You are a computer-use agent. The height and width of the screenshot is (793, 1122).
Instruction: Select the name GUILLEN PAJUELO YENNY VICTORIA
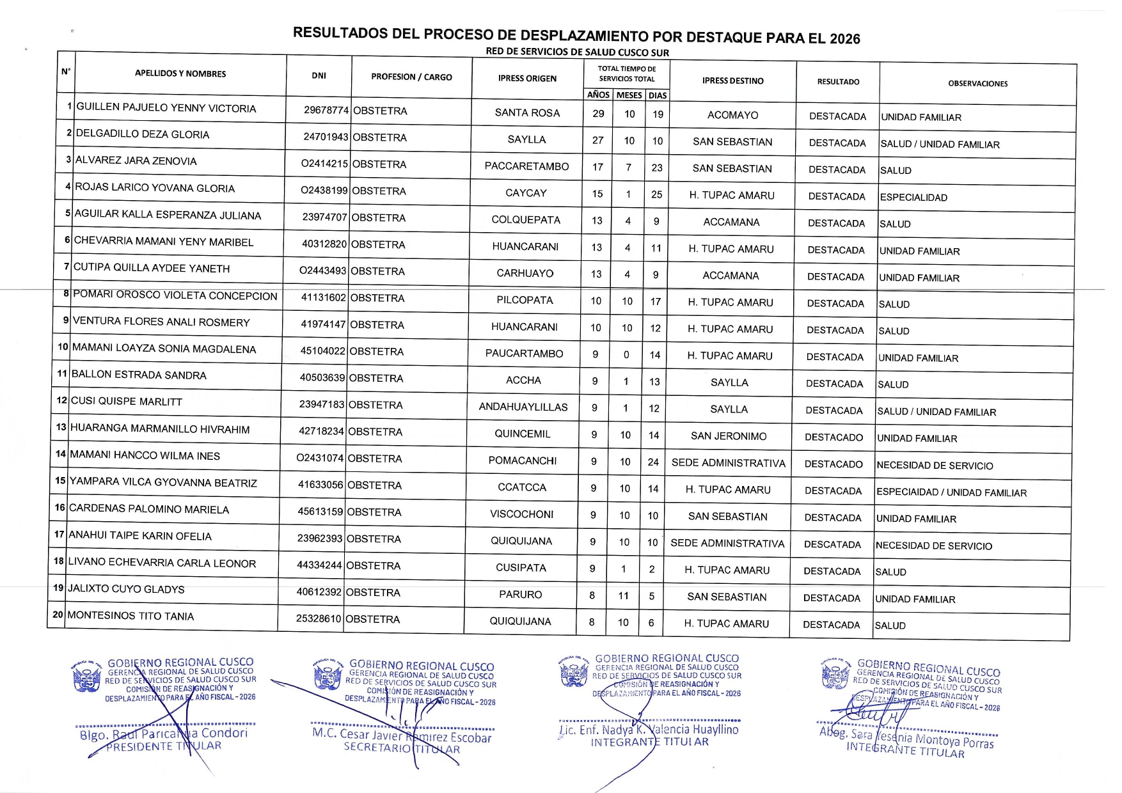(x=166, y=108)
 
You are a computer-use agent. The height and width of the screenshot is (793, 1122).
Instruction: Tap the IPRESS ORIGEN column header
(x=527, y=79)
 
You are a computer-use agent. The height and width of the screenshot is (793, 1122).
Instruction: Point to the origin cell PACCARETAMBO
(x=526, y=166)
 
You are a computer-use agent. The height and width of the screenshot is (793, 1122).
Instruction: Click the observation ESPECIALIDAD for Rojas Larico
(x=913, y=198)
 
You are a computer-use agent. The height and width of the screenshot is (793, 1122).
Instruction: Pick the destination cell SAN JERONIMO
(x=729, y=436)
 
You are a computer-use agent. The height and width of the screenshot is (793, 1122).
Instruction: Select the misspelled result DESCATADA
(x=832, y=545)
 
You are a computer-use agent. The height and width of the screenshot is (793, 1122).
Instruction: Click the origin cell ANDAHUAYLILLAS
(x=523, y=407)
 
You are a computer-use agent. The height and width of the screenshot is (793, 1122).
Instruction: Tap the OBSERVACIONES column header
(x=977, y=84)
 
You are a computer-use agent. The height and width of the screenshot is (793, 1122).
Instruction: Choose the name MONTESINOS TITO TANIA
(x=130, y=616)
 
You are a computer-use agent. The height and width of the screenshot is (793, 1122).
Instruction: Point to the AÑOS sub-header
(x=598, y=95)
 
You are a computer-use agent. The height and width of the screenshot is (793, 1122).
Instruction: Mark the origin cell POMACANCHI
(x=523, y=460)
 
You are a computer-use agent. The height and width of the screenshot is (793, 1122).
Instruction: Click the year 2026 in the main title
(x=844, y=38)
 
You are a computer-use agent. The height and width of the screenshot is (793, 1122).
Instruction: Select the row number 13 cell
(x=61, y=427)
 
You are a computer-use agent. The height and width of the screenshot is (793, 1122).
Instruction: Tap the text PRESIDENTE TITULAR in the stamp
(x=164, y=746)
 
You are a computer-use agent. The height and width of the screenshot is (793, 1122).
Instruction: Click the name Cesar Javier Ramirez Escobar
(x=402, y=735)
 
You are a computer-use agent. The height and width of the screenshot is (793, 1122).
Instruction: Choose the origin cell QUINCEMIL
(x=522, y=434)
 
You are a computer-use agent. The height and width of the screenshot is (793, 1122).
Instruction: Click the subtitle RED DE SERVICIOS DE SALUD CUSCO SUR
(x=577, y=52)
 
